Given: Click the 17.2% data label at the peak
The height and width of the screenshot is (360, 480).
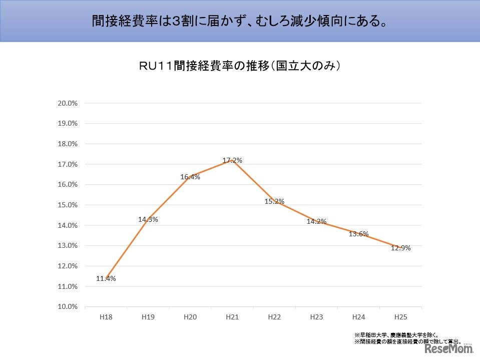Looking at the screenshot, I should pos(232,161).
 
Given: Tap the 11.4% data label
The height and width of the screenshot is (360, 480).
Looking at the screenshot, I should pos(106,278).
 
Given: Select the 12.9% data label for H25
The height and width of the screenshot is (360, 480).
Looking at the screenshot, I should pos(400,248).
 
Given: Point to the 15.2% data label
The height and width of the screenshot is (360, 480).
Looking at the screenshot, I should pos(274,201).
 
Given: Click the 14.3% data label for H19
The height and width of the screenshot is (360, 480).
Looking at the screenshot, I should pos(148,219).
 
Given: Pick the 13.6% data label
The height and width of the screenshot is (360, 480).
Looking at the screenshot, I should pos(358,234).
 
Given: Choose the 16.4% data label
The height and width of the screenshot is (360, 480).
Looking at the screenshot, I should pos(190,177).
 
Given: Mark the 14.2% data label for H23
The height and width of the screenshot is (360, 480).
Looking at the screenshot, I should pos(316,221).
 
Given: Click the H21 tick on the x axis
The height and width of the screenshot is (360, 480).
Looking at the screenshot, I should pos(232,317).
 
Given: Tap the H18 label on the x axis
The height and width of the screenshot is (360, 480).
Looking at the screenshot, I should pos(106,317).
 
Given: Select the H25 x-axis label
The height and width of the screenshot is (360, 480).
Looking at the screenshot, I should pos(400,317).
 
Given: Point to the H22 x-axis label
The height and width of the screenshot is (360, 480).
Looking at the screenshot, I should pos(274,317).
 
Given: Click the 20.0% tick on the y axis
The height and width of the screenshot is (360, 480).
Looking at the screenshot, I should pos(68,103).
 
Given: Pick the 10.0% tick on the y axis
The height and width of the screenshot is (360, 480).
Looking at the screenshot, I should pos(68,306).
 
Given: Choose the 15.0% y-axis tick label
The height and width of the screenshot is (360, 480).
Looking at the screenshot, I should pos(68,205).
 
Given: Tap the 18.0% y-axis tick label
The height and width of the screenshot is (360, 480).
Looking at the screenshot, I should pos(68,144).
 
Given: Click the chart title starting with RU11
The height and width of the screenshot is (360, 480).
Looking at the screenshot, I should pos(240,66).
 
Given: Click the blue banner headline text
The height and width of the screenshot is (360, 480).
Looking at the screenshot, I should pos(240,21).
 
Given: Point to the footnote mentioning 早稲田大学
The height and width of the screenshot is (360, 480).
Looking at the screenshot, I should pos(396,335).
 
